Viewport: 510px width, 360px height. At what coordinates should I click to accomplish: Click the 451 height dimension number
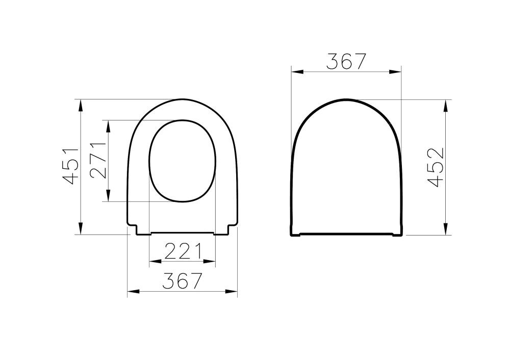coord(70,166)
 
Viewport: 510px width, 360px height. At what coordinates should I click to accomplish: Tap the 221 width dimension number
coord(183,251)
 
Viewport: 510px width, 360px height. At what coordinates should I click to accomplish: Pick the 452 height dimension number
coord(436,167)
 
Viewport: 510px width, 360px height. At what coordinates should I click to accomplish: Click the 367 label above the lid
coord(346,62)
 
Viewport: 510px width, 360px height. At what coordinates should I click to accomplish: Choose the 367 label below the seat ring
coord(183,281)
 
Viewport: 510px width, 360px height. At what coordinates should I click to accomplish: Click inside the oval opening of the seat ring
coord(182,161)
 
